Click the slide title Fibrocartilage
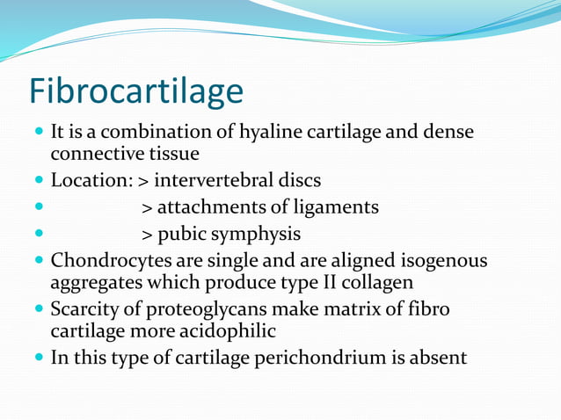(135, 91)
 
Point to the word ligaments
(335, 207)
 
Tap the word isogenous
(443, 261)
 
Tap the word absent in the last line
(439, 358)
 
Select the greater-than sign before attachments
(147, 208)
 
